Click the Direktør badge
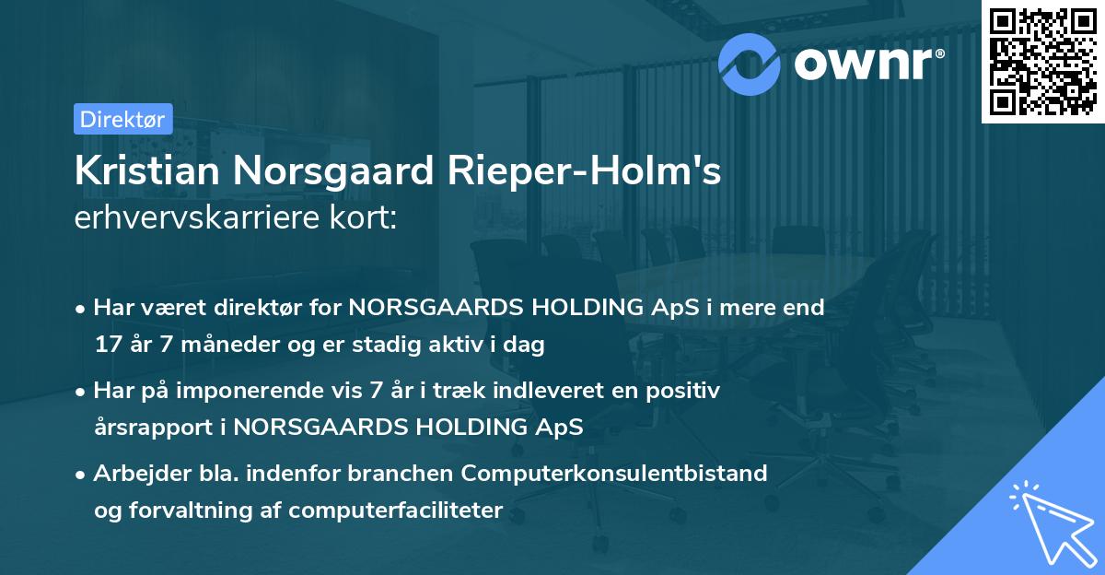pos(122,119)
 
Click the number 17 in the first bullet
pos(107,346)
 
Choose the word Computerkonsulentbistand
pos(615,474)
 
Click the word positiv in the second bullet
pos(687,391)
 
